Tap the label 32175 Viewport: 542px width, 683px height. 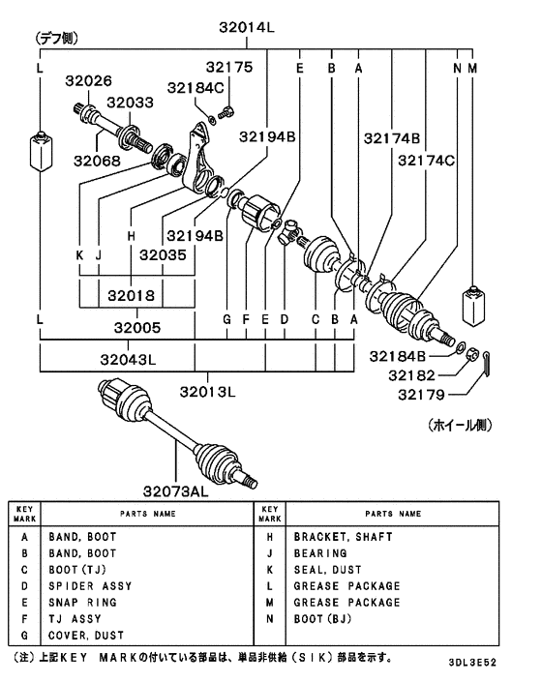click(228, 68)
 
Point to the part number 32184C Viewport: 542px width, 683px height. click(199, 88)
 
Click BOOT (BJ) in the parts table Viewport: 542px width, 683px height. click(326, 619)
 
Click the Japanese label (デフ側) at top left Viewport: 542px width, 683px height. click(58, 39)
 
